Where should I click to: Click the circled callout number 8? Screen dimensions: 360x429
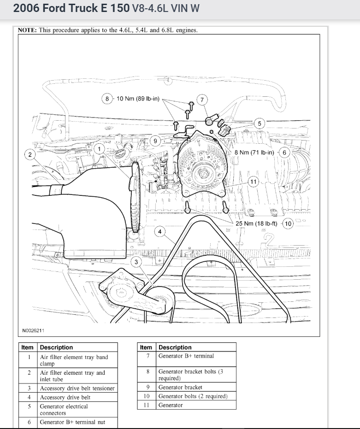point(107,99)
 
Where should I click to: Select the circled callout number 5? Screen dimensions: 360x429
point(260,123)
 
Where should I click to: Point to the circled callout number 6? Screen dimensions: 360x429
point(284,153)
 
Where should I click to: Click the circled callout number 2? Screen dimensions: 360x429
point(30,155)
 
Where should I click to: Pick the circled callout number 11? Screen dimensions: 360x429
point(253,181)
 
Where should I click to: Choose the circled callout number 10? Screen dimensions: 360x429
point(288,223)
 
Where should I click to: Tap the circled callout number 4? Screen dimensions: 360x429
point(160,231)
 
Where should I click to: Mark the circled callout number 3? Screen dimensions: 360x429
point(136,262)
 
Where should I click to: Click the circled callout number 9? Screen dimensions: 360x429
point(156,141)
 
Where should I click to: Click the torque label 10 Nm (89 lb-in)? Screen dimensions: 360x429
point(138,99)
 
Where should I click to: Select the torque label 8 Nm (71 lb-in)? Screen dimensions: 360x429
point(254,153)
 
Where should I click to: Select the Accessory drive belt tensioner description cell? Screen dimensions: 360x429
point(77,388)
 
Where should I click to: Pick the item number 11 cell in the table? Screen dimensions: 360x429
point(146,405)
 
